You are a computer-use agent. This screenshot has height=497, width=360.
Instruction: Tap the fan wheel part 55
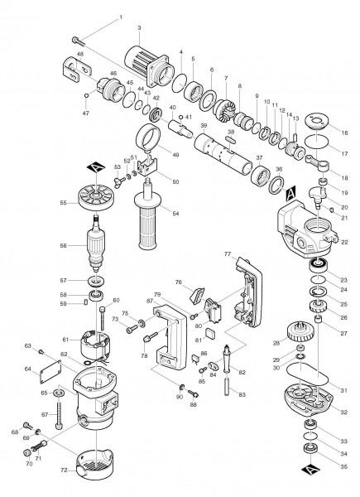101,199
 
